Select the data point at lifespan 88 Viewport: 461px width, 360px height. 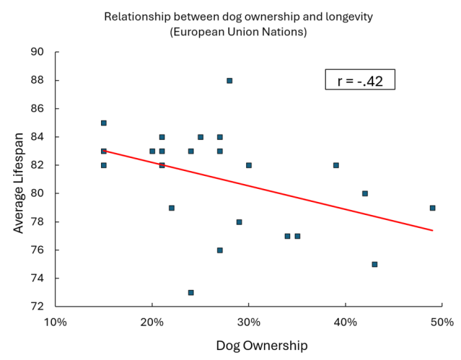(x=229, y=81)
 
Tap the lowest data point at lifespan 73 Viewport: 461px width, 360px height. (x=190, y=292)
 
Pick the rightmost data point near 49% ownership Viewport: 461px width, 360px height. (x=432, y=208)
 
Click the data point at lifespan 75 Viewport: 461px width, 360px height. (x=374, y=264)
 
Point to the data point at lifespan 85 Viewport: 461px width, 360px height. (x=104, y=123)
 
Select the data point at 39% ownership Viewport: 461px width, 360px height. (x=335, y=165)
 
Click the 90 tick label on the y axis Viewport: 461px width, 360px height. (x=37, y=53)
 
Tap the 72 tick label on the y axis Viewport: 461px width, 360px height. (x=37, y=307)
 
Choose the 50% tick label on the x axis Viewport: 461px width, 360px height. (x=442, y=321)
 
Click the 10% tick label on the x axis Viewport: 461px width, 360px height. (x=56, y=321)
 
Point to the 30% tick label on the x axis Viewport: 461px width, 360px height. (x=249, y=321)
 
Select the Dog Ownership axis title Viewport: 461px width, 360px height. (x=261, y=346)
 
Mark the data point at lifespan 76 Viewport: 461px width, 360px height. (x=220, y=250)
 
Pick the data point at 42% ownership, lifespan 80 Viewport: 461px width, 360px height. (x=365, y=193)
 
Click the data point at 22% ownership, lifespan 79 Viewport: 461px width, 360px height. (x=172, y=208)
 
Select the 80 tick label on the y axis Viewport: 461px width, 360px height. (x=37, y=193)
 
